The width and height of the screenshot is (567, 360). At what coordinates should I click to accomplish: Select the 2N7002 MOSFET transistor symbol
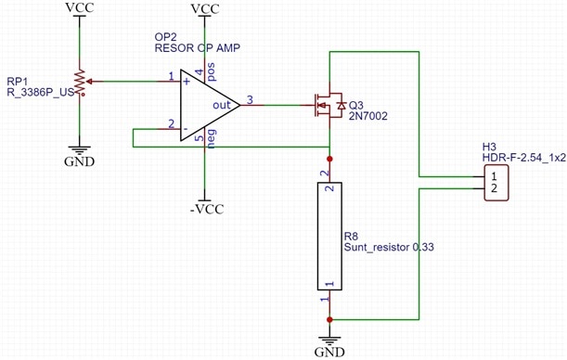point(329,105)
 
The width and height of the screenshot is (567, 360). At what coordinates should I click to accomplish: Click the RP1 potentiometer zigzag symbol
point(81,82)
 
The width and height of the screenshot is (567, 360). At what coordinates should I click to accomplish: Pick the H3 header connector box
point(496,183)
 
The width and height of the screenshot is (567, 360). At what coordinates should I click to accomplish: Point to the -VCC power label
point(207,210)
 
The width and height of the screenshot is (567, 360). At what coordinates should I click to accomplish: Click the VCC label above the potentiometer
point(80,7)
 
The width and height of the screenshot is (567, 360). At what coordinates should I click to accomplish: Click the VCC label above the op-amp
point(205,8)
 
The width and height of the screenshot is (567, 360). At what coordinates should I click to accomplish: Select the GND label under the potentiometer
point(79,161)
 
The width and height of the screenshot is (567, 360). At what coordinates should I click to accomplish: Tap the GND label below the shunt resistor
point(329,352)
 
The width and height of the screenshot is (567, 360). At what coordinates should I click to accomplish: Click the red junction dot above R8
point(329,159)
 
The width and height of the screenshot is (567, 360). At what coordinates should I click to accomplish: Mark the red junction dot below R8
point(329,319)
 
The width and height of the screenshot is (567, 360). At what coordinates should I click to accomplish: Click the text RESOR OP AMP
point(198,47)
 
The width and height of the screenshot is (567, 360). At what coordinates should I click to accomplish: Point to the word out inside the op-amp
point(221,105)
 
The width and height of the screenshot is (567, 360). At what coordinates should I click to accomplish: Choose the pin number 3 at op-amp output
point(250,100)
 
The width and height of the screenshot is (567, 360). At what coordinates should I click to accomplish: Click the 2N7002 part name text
point(367,116)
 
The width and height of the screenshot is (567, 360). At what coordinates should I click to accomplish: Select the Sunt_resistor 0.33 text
point(389,247)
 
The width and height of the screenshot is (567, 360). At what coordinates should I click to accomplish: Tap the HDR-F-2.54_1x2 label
point(524,158)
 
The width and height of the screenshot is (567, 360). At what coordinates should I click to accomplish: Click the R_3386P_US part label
point(40,92)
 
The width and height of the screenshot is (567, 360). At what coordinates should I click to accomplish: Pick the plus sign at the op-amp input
point(187,82)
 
